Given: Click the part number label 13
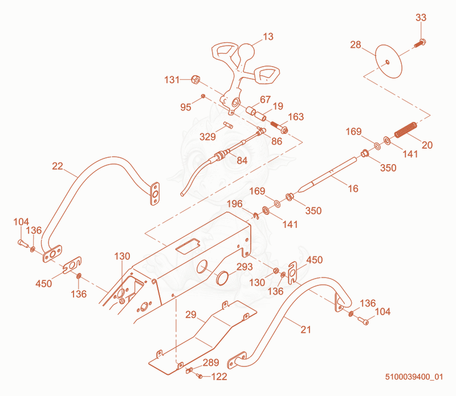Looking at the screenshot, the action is click(x=268, y=36).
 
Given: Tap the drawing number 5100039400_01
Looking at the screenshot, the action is click(x=414, y=377).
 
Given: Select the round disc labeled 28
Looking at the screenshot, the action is click(x=389, y=62).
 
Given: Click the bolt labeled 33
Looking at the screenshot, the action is click(x=420, y=44).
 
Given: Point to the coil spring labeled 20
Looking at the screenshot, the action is click(x=406, y=130).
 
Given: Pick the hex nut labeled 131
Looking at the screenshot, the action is click(x=195, y=79).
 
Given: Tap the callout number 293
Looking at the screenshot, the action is click(x=245, y=267).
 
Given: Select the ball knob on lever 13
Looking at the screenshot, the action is click(x=246, y=51).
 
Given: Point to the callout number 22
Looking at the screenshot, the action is click(x=58, y=166).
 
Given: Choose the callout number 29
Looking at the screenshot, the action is click(x=191, y=315).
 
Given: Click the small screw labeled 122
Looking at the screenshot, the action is click(x=200, y=376).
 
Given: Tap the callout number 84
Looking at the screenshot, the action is click(x=242, y=161).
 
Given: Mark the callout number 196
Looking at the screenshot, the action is click(x=235, y=204).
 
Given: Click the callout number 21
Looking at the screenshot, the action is click(x=306, y=330).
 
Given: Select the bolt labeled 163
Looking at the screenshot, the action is click(x=279, y=127).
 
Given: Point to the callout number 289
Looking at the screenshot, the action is click(x=211, y=362).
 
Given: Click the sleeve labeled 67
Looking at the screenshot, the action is click(x=251, y=111).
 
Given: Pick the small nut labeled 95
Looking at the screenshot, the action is click(x=203, y=96).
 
